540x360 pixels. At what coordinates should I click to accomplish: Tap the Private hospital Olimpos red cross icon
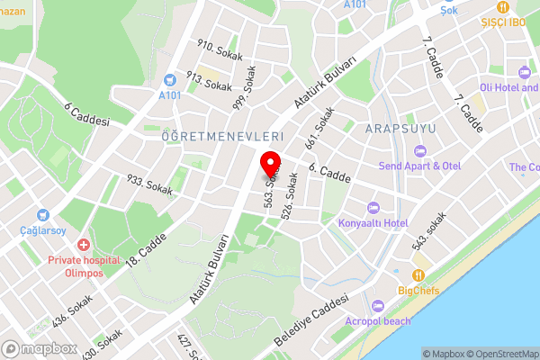coord(84,245)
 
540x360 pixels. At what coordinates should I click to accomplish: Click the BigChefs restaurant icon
coord(418,275)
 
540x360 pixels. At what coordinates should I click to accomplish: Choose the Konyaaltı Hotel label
coord(373,222)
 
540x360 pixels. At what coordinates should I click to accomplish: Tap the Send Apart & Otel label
coord(418,166)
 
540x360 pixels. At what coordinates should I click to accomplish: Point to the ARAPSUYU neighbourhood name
coord(400,129)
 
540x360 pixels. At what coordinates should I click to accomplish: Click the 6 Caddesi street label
coord(86,114)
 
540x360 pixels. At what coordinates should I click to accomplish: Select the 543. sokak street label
coord(429,231)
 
